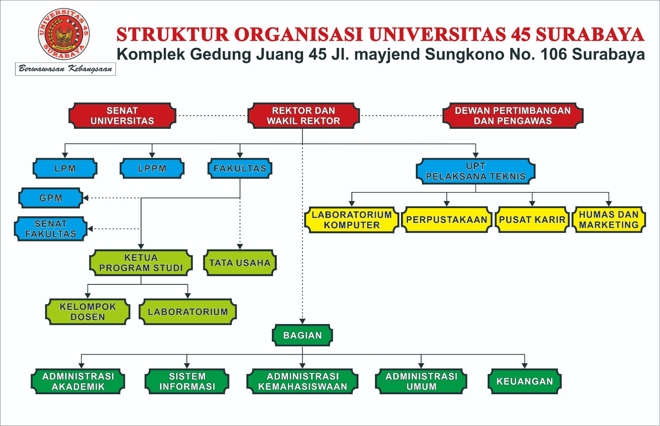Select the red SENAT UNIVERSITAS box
122,116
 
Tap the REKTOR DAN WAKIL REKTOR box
303,116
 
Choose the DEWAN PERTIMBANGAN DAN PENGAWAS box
513,116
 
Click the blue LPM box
65,168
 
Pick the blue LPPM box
152,168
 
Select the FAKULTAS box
240,168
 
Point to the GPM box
51,198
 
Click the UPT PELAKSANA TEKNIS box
476,171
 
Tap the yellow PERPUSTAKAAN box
447,220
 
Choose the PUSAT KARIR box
532,220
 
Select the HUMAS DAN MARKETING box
608,220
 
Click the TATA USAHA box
240,263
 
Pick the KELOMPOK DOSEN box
87,312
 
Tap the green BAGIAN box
302,335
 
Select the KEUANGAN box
524,381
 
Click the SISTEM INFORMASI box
187,381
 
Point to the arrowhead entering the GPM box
86,198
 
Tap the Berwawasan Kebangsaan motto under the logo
66,69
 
